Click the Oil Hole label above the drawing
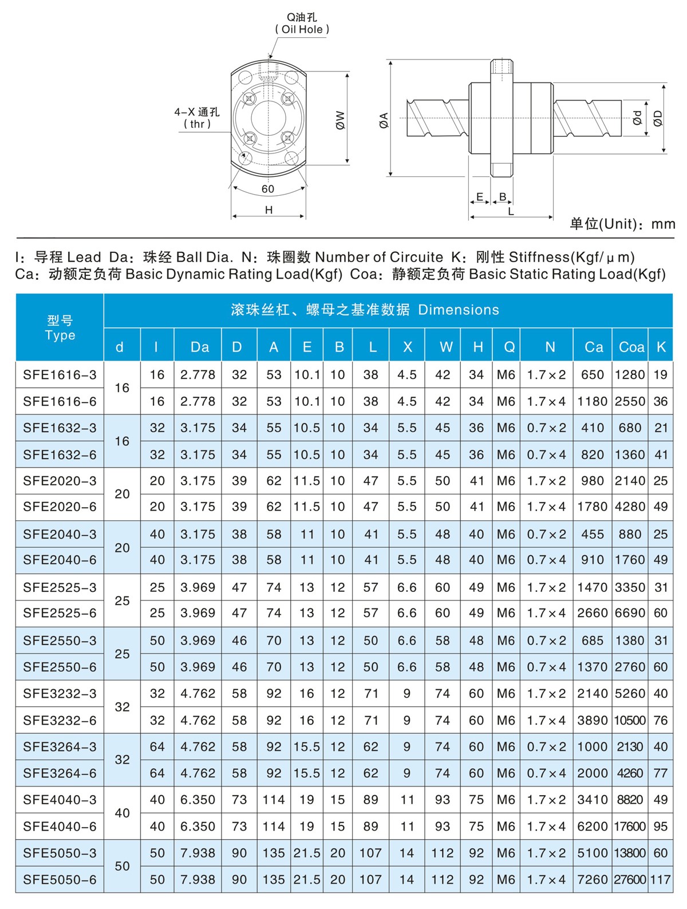point(302,29)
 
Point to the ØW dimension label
point(340,120)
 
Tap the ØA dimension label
point(384,120)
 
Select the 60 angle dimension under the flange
point(268,189)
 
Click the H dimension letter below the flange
point(269,210)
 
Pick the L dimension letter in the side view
point(511,211)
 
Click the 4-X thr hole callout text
point(197,118)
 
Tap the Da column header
point(200,347)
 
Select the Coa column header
point(631,347)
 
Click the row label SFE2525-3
point(60,587)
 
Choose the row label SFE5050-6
point(60,880)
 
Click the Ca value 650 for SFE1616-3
point(592,375)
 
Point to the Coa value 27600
point(630,880)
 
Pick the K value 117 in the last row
point(661,880)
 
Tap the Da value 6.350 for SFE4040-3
point(198,800)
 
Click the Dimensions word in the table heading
point(459,310)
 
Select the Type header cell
point(60,328)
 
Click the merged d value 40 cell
point(122,813)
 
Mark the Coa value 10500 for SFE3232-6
point(630,720)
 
